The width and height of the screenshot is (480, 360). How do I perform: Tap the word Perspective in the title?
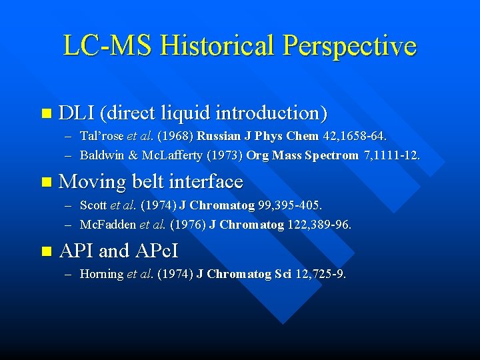(x=350, y=45)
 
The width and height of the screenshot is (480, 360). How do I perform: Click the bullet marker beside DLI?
(x=45, y=114)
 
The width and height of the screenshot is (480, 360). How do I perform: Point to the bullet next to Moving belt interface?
(x=45, y=182)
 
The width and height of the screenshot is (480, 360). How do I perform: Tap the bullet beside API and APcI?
(x=45, y=252)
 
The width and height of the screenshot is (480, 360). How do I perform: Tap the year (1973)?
(x=225, y=155)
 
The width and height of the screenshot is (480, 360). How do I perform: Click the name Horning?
(x=102, y=274)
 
